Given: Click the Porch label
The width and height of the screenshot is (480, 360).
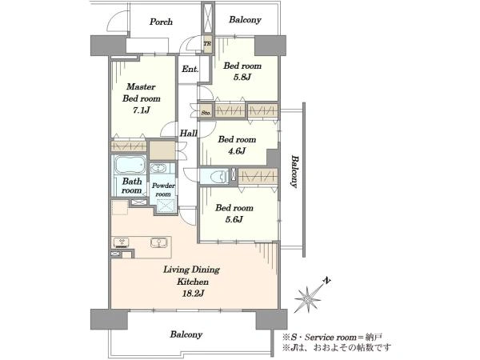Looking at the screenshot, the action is point(161,22).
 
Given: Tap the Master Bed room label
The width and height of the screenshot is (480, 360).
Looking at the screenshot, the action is point(141,93).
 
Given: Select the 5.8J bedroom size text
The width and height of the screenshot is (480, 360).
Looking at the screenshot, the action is point(242,77).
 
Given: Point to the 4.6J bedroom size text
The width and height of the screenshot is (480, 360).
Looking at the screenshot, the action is point(237,151).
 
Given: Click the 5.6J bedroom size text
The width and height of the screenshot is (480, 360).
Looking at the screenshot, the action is point(234,219).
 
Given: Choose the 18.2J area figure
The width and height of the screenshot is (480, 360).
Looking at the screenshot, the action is point(193,294).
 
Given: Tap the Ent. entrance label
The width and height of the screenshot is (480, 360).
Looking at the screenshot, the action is point(190,69).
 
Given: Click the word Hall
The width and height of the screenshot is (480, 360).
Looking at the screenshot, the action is point(188,133).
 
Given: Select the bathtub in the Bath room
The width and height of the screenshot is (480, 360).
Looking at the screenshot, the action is point(130,166).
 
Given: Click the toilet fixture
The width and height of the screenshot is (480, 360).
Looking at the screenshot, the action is point(218,177).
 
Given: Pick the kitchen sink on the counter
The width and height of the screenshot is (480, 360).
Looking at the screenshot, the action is point(159,242).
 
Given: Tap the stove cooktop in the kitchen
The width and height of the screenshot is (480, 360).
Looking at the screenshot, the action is point(122,242).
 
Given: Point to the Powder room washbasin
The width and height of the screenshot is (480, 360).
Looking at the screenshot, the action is point(158,168).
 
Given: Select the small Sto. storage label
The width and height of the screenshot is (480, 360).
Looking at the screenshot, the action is point(206,113).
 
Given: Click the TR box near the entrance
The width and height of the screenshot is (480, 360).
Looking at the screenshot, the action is point(207,44).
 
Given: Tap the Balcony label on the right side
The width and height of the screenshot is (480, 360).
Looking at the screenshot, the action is point(294,172).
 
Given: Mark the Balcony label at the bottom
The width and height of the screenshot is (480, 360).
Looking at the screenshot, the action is point(186,334).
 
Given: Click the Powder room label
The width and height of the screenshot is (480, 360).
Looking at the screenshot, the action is point(163,190).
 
